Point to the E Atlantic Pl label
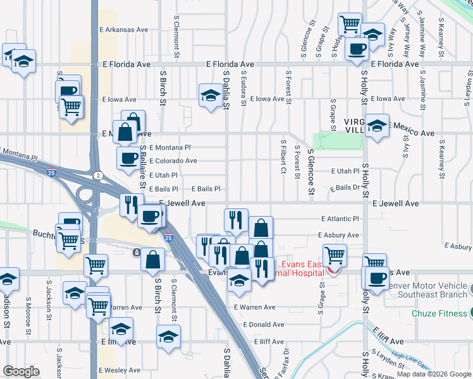340,219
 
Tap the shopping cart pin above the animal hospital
335,255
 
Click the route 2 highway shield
98,175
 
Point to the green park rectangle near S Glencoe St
325,140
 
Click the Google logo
21,371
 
